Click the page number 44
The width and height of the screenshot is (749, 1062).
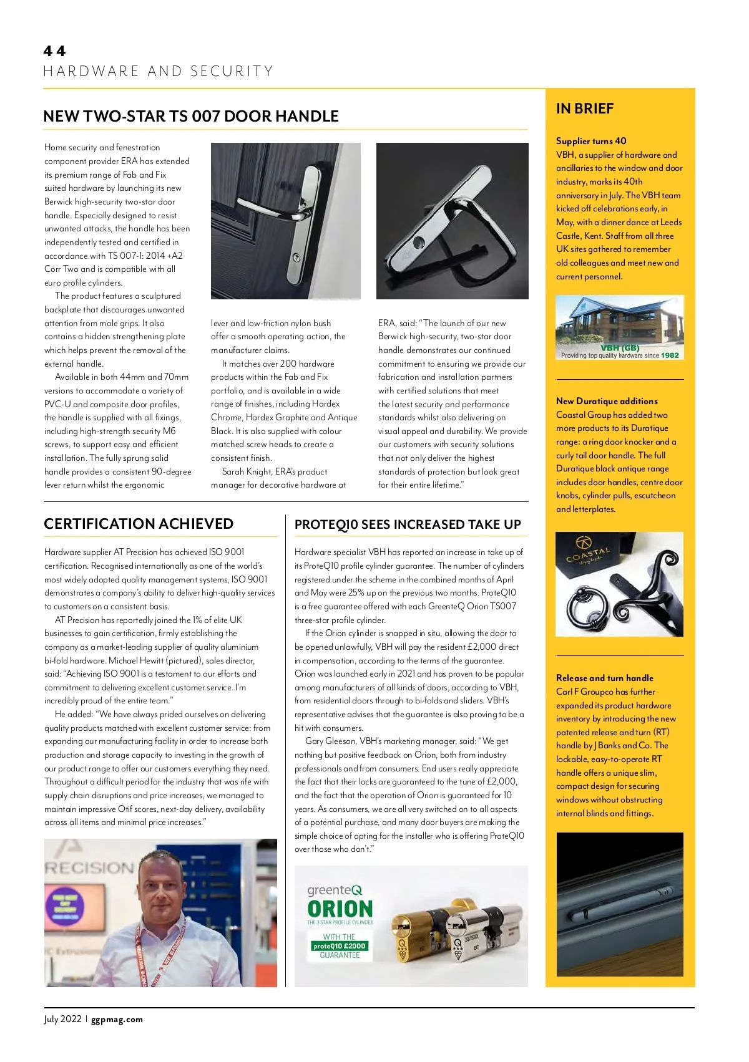(55, 51)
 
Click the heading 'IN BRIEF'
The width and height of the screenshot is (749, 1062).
(585, 109)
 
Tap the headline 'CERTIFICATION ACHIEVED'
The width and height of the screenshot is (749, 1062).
(139, 524)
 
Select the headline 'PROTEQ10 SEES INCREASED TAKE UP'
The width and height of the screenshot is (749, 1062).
(408, 524)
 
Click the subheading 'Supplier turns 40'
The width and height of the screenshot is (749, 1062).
(591, 141)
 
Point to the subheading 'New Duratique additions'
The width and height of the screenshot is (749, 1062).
(607, 401)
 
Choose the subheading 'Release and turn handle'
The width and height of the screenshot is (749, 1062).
(605, 678)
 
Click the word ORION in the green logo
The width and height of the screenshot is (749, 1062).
(340, 909)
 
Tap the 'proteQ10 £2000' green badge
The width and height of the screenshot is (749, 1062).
(340, 946)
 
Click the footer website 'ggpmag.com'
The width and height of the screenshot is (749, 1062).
(117, 1020)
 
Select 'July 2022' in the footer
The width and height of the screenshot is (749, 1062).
(62, 1020)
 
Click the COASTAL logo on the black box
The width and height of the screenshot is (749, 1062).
(587, 553)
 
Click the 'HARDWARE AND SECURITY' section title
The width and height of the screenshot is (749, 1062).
(159, 71)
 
